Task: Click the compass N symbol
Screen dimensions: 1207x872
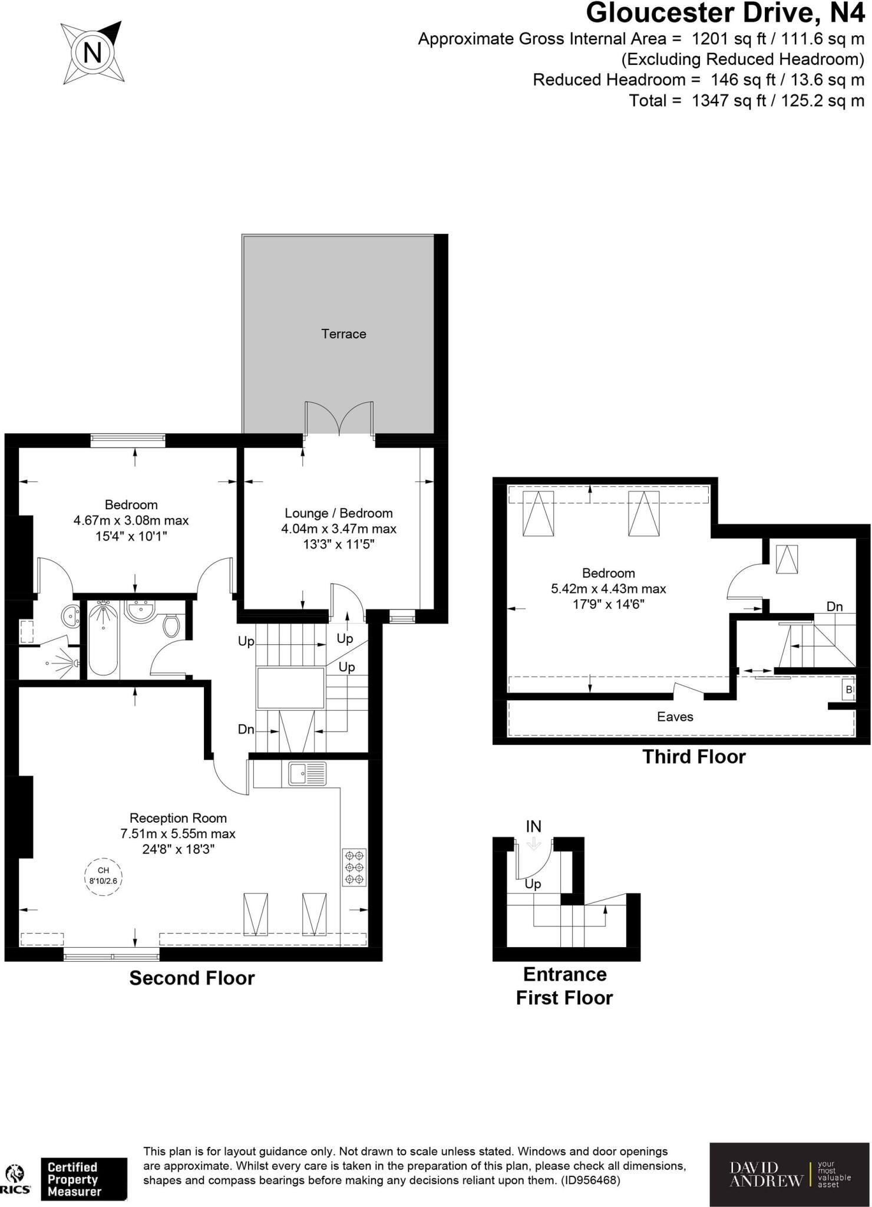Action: (x=93, y=53)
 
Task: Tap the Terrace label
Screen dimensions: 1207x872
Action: (x=343, y=334)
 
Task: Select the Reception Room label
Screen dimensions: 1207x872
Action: (x=178, y=818)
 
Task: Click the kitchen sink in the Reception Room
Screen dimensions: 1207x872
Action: (x=307, y=773)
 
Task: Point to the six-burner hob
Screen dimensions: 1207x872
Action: (x=354, y=867)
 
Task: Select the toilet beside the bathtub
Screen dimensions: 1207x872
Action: (x=171, y=626)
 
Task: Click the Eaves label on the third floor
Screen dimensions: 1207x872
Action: (x=675, y=717)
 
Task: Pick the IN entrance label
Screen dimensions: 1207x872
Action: (x=533, y=826)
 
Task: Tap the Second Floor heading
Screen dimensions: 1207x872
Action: (x=192, y=978)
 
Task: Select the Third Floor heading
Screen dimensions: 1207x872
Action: (x=693, y=757)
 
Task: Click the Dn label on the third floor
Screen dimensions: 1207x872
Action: (x=834, y=606)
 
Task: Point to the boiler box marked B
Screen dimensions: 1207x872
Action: (x=848, y=689)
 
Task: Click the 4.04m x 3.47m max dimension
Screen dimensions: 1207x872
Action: (x=339, y=529)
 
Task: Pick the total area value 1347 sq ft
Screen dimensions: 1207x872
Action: (x=728, y=100)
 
